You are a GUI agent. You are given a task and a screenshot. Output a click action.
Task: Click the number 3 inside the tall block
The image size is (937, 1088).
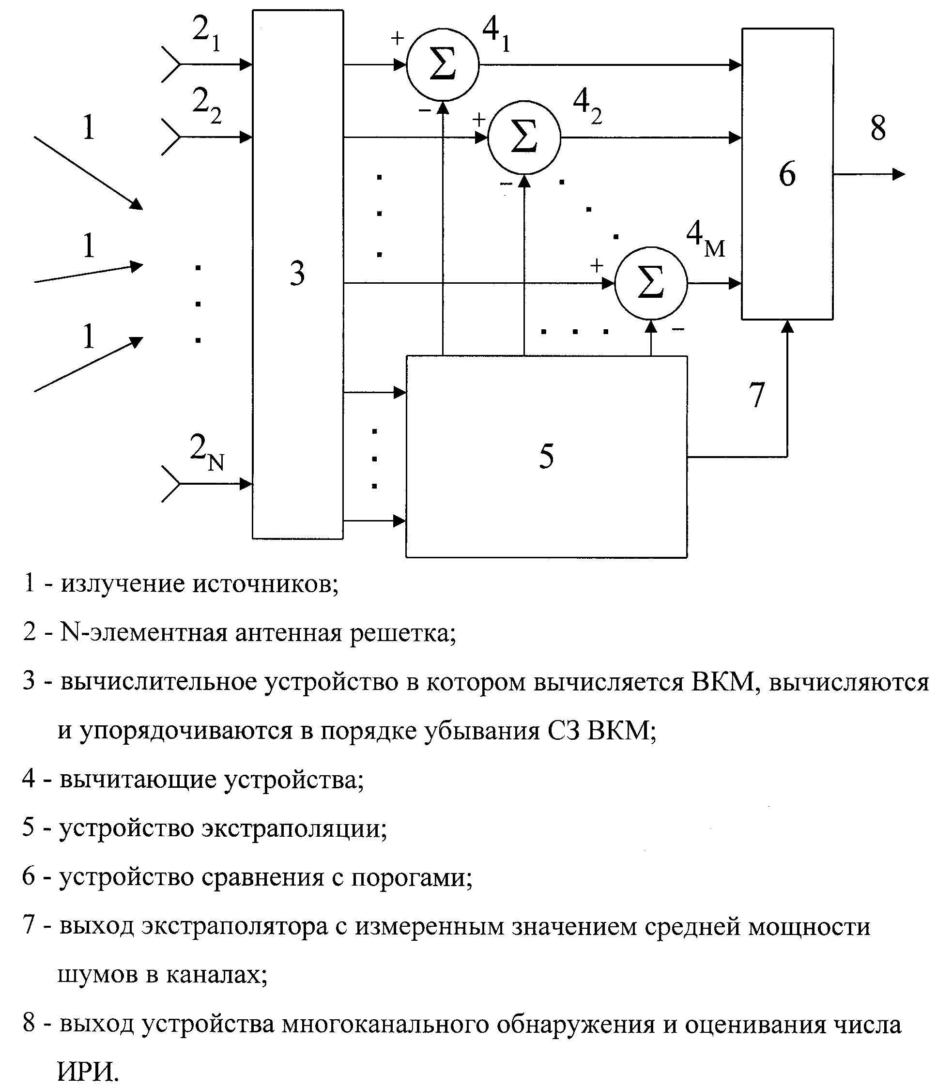pyautogui.click(x=297, y=274)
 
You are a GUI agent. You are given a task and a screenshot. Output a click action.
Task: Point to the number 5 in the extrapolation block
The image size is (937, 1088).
pyautogui.click(x=546, y=456)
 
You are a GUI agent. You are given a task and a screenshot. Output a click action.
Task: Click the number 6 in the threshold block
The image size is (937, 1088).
pyautogui.click(x=787, y=174)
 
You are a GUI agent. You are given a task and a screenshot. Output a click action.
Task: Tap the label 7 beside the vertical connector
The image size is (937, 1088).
pyautogui.click(x=757, y=394)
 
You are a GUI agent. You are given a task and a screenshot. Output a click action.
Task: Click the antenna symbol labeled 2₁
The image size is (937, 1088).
pyautogui.click(x=171, y=64)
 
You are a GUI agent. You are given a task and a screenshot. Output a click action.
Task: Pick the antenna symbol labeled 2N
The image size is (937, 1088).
pyautogui.click(x=171, y=484)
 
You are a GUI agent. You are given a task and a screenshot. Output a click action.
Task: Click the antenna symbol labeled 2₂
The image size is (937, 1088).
pyautogui.click(x=171, y=137)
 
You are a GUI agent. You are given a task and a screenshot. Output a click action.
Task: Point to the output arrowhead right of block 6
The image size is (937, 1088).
pyautogui.click(x=899, y=174)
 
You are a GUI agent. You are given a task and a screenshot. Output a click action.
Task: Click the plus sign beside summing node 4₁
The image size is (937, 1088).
pyautogui.click(x=398, y=38)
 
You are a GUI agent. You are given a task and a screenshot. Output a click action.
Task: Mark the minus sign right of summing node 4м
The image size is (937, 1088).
pyautogui.click(x=678, y=329)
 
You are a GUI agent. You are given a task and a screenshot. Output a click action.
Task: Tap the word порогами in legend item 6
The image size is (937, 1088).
pyautogui.click(x=412, y=878)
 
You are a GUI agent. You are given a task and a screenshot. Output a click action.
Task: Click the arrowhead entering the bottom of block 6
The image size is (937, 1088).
pyautogui.click(x=787, y=325)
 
